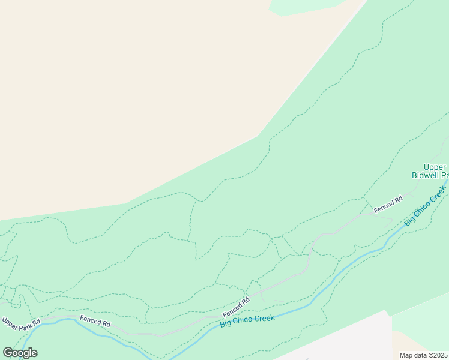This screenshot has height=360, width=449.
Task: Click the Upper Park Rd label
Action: (x=20, y=322)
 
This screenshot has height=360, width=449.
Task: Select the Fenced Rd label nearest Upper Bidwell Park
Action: (x=388, y=205)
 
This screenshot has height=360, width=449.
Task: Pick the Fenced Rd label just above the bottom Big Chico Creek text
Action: (x=236, y=308)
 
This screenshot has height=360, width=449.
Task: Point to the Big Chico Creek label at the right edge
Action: (x=426, y=205)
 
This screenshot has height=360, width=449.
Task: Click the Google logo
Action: (x=20, y=353)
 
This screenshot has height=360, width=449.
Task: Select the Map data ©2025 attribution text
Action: (x=424, y=355)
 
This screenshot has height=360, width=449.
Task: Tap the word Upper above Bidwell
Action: (x=435, y=167)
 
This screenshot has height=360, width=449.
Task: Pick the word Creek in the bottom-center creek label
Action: (x=265, y=317)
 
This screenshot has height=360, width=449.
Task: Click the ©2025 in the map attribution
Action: (x=438, y=355)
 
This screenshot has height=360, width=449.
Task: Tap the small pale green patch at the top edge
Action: (x=306, y=6)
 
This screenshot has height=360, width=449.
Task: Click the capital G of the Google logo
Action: (x=8, y=353)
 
